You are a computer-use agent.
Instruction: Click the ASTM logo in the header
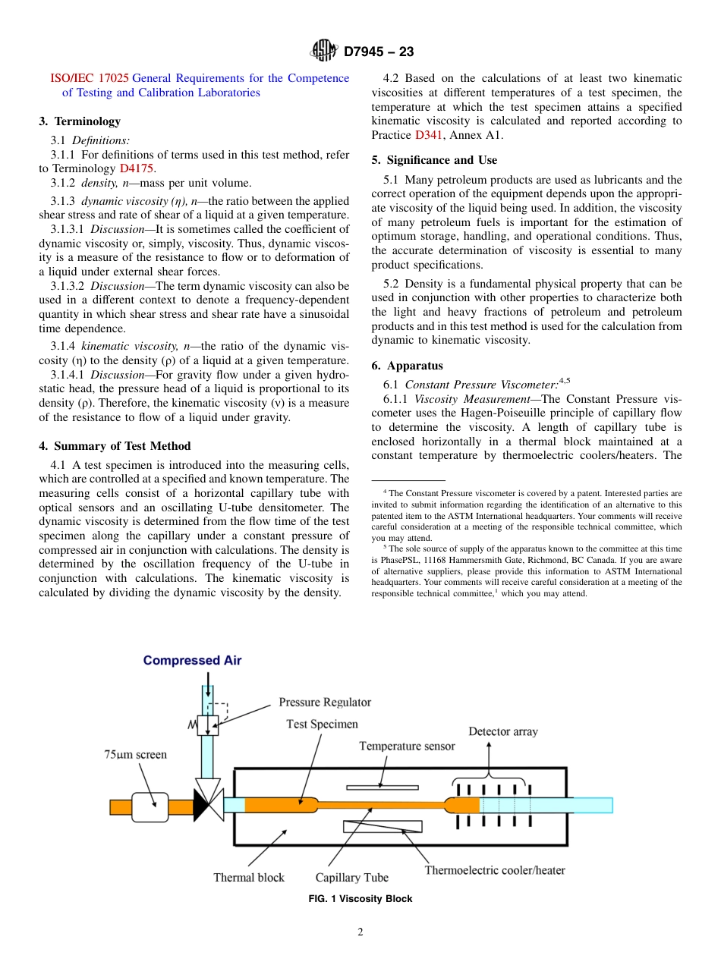324,52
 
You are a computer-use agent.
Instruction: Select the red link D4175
137,168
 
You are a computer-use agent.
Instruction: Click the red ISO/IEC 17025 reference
89,78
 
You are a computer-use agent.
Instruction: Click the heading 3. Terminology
80,121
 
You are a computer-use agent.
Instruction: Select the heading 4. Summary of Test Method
115,446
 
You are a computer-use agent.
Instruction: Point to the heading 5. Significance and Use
434,160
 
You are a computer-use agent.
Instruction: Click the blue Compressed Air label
192,660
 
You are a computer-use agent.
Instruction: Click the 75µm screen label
135,754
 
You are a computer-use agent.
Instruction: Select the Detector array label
502,731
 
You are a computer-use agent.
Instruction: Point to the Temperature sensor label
407,746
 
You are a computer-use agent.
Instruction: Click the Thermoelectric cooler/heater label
494,870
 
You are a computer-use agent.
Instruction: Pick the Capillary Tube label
351,878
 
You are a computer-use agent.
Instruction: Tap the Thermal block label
248,878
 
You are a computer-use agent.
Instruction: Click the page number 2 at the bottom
360,932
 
